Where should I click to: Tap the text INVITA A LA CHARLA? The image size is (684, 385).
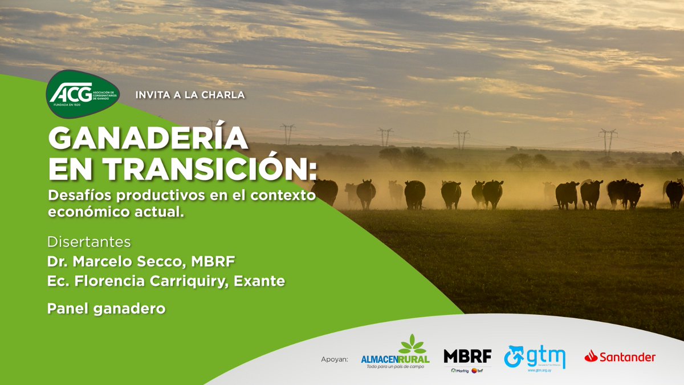click(190, 95)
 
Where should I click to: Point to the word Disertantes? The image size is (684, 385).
click(89, 242)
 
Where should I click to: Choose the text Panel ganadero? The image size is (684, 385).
click(107, 309)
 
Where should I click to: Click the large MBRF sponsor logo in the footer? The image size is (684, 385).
click(467, 356)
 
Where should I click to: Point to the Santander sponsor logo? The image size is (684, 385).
click(620, 358)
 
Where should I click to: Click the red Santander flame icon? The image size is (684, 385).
click(590, 357)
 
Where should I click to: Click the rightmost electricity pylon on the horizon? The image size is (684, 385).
click(608, 140)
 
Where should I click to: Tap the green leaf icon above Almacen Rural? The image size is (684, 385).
click(413, 344)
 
